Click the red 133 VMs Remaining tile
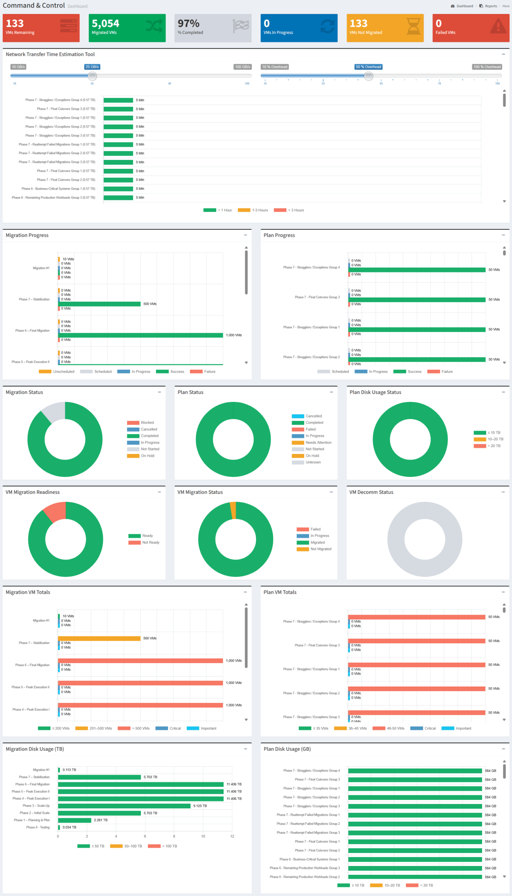tap(41, 28)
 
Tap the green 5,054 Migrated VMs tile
tap(127, 28)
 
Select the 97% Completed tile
tap(213, 28)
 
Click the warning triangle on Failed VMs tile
tap(498, 26)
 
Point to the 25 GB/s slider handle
tap(92, 76)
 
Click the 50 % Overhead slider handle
tap(369, 76)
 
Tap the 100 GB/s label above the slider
tap(243, 67)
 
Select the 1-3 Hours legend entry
tap(253, 210)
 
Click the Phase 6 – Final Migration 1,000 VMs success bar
tap(141, 335)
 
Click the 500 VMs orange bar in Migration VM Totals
tap(99, 638)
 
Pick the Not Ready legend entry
tap(144, 542)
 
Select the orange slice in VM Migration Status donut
tap(233, 511)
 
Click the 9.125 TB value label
tap(200, 806)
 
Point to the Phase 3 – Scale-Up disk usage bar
tap(124, 806)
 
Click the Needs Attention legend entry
tap(311, 442)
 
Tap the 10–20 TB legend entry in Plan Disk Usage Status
tap(489, 439)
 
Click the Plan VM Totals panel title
tap(280, 592)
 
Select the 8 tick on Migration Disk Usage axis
tap(174, 836)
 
